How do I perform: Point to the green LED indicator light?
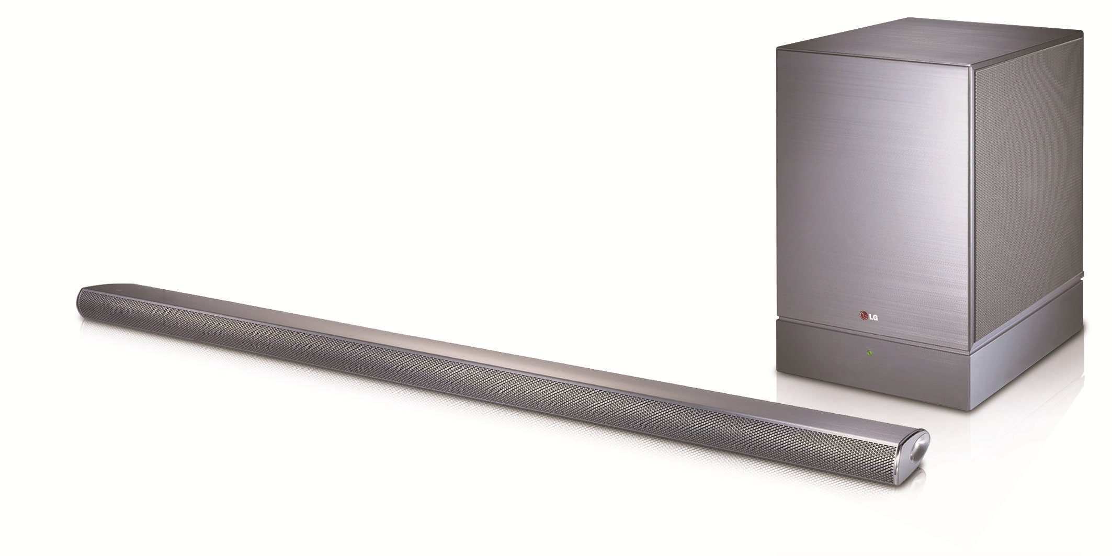(x=869, y=353)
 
